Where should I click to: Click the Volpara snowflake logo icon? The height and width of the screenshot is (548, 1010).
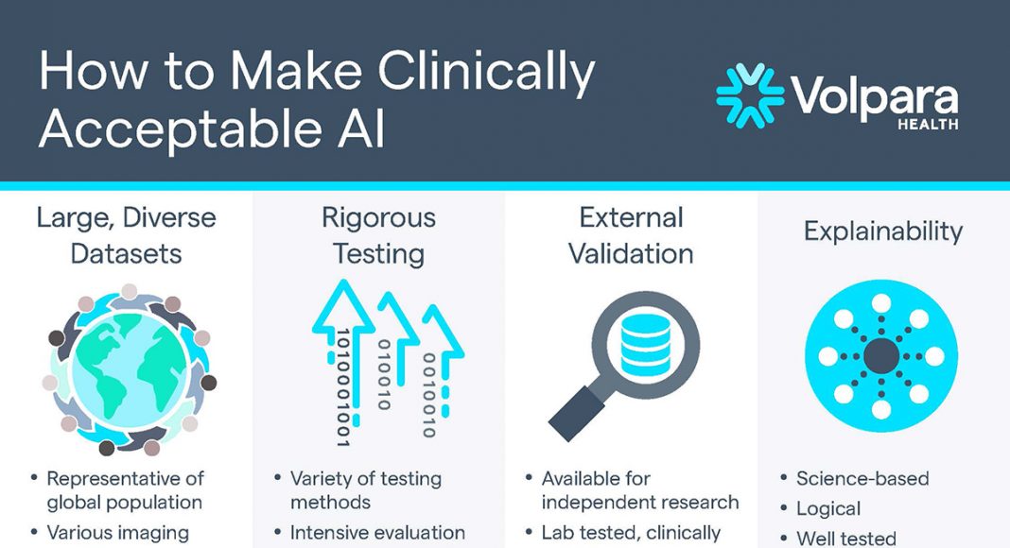click(x=750, y=95)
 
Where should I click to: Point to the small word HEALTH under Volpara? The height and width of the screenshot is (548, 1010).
click(x=928, y=124)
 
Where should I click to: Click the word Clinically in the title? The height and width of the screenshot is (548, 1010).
click(x=486, y=72)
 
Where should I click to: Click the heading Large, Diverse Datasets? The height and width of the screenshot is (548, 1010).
click(x=127, y=235)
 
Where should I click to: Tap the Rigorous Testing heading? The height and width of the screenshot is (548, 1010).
click(x=378, y=235)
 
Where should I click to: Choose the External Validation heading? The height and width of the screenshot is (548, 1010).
click(x=631, y=235)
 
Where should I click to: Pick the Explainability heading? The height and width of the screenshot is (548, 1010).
click(x=883, y=231)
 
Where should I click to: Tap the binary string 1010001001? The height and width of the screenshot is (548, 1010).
click(x=343, y=387)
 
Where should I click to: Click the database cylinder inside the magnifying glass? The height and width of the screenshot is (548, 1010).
click(x=645, y=346)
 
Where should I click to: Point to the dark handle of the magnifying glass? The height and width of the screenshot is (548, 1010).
click(x=577, y=412)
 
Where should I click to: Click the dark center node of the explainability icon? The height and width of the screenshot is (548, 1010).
click(x=881, y=355)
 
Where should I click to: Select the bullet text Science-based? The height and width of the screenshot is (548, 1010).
click(x=862, y=478)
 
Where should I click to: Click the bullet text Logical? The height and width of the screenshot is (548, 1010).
click(x=828, y=508)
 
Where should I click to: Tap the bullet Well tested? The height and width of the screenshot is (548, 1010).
click(x=846, y=539)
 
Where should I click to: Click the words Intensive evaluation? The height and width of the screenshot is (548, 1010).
click(x=377, y=533)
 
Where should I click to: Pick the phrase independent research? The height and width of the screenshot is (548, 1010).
click(x=639, y=502)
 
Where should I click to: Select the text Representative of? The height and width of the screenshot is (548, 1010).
click(x=125, y=478)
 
